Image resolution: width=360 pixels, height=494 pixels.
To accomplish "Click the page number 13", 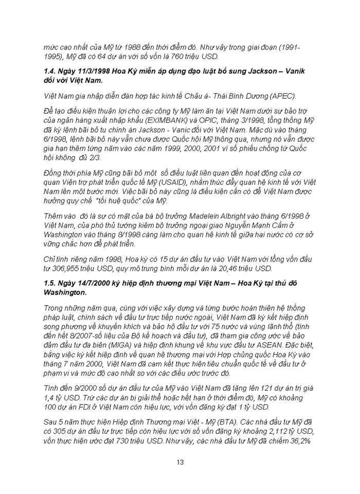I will pos(180,462).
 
